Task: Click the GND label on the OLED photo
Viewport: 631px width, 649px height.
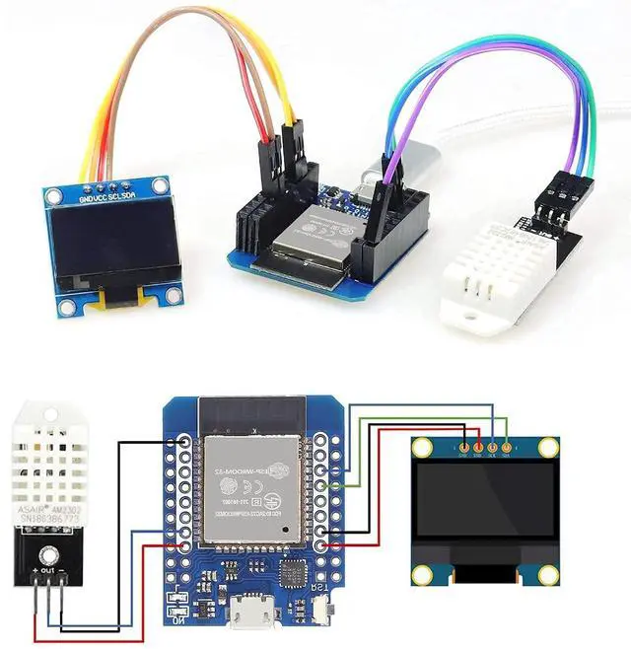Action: [x=86, y=197]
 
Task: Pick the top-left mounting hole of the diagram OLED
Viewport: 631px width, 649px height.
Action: [x=422, y=449]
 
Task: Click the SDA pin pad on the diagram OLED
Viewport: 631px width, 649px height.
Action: [x=507, y=444]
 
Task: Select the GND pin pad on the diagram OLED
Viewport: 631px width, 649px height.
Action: [x=463, y=444]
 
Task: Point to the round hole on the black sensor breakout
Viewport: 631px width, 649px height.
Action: [x=45, y=547]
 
